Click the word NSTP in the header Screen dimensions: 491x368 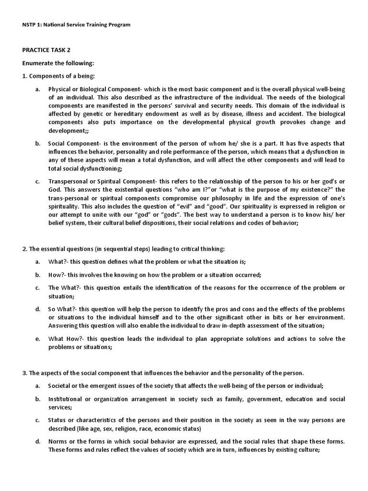click(x=30, y=24)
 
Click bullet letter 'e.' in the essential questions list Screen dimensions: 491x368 click(x=37, y=339)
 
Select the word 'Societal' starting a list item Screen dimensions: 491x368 click(x=60, y=386)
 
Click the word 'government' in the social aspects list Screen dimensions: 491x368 click(x=265, y=399)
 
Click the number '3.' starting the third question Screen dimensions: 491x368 click(x=25, y=373)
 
